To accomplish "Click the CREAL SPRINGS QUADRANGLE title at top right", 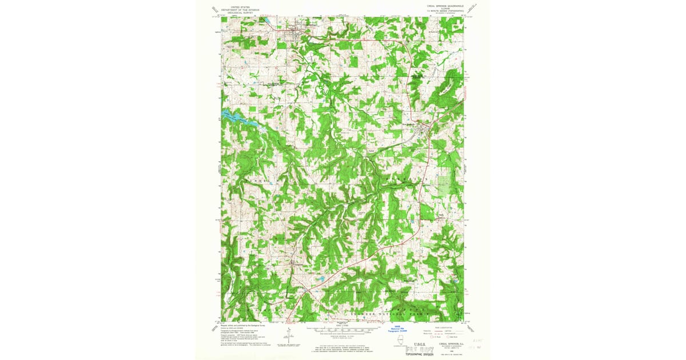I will click(444, 6).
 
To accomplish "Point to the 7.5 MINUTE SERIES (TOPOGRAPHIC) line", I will click(444, 11).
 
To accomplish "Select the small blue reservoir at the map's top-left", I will click(266, 22).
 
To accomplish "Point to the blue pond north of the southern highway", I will click(322, 279).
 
